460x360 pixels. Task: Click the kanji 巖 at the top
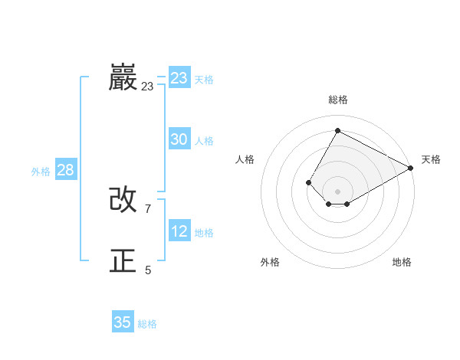(x=123, y=77)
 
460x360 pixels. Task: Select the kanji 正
(x=123, y=261)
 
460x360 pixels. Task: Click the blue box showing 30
(x=179, y=139)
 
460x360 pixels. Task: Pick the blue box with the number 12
(x=179, y=231)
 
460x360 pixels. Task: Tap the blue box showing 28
(x=65, y=170)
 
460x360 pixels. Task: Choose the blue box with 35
(x=123, y=322)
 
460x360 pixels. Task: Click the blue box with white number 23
(x=179, y=78)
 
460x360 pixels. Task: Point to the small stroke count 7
(x=147, y=208)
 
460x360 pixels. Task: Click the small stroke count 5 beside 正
(x=148, y=270)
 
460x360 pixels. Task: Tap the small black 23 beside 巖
(x=147, y=87)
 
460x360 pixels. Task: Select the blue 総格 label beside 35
(x=147, y=324)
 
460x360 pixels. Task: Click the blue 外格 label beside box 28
(x=41, y=172)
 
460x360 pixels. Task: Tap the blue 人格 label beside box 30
(x=204, y=141)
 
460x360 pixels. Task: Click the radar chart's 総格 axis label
(x=338, y=100)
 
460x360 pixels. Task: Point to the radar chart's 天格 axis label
(x=431, y=159)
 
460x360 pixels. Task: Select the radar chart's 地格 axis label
(x=402, y=262)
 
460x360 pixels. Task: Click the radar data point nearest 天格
(x=411, y=168)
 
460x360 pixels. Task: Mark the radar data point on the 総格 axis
(x=337, y=130)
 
